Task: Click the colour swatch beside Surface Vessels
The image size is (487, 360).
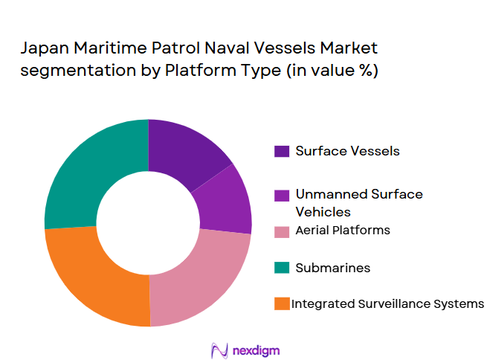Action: [282, 151]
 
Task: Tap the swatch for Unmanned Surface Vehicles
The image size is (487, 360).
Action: [282, 195]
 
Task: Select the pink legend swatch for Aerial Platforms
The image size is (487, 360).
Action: [282, 231]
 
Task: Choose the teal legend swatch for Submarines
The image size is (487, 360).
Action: [282, 267]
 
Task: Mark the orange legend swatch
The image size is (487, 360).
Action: [282, 303]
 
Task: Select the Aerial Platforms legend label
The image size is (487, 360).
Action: [343, 231]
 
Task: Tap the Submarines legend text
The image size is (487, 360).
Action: [332, 267]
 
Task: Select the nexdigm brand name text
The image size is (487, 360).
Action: [257, 349]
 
